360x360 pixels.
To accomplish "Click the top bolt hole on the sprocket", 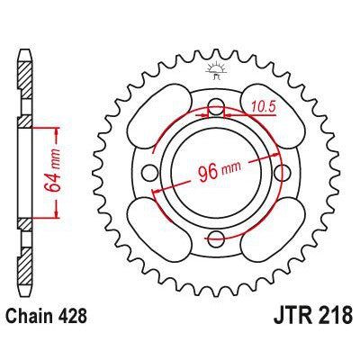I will click(x=216, y=111).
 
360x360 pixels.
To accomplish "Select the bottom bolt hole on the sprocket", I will click(x=216, y=238).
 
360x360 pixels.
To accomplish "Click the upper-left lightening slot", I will click(x=161, y=115).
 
